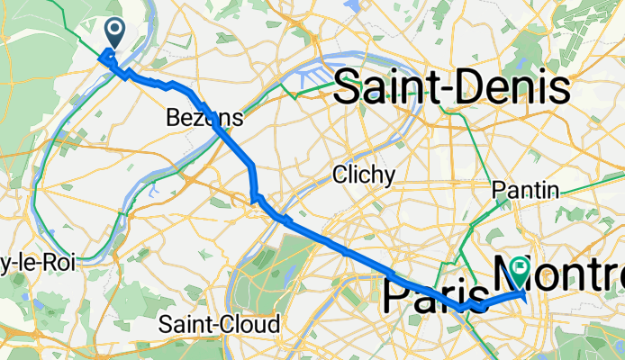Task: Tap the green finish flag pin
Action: pos(520,267)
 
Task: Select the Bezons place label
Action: pos(204,118)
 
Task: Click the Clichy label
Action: pos(363,175)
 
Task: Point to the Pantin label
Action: pos(526,190)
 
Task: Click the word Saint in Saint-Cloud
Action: pos(184,322)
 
